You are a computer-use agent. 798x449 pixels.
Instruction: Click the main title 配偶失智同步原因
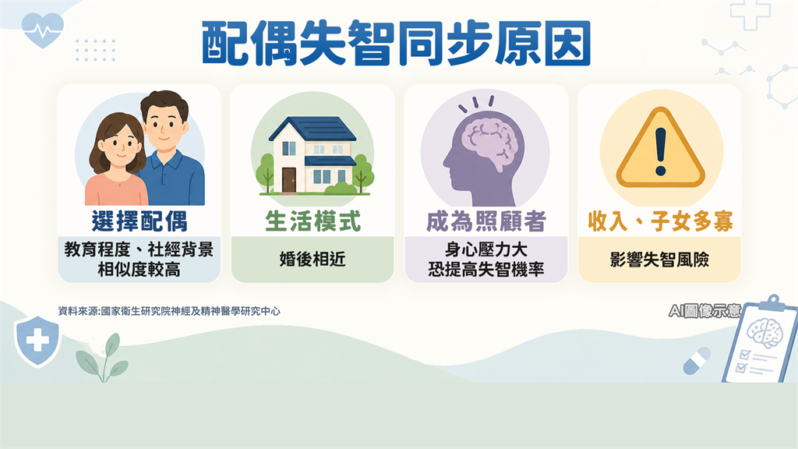point(396,43)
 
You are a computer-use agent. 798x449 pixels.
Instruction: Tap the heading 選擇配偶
point(139,221)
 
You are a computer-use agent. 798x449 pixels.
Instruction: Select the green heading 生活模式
point(312,221)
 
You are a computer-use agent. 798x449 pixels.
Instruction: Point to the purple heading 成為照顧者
point(486,221)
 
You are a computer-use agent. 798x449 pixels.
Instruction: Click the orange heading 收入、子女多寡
point(660,221)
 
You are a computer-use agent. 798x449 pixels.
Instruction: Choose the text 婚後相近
point(312,259)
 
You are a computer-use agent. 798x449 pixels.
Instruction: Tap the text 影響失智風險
point(659,259)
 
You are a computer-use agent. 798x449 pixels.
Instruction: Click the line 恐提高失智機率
point(486,269)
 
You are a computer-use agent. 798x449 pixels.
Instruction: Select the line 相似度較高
point(139,269)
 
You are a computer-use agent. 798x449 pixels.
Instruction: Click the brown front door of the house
point(288,180)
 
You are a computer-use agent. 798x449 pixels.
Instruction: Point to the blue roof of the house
point(312,129)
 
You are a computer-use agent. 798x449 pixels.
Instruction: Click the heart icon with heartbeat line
point(43,30)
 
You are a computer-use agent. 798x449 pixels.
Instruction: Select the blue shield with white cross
point(37,340)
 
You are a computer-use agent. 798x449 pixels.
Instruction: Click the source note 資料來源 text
point(169,310)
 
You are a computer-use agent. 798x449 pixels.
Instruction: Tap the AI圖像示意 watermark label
point(704,310)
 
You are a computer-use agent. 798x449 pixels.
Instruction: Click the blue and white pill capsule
point(697,360)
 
